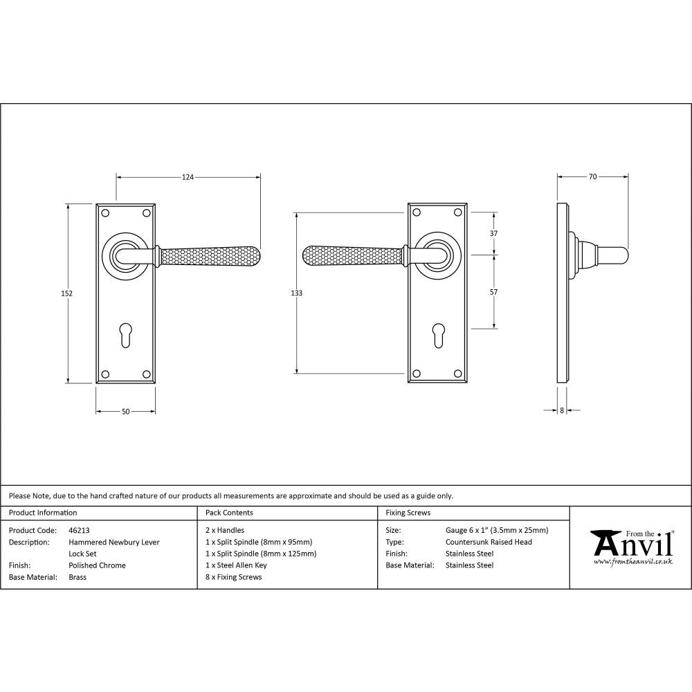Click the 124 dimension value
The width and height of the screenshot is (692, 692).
coord(188,177)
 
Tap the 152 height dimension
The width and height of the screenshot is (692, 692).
coord(67,293)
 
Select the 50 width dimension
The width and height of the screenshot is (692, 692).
coord(125,412)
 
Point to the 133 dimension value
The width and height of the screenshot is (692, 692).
coord(296,293)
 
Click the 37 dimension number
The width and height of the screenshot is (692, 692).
coord(493,234)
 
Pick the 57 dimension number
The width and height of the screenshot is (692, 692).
coord(493,292)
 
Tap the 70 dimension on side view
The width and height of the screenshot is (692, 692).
coord(592,177)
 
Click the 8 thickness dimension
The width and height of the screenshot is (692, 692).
coord(561,410)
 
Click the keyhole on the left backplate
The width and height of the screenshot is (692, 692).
coord(125,334)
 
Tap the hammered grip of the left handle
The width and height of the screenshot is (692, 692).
coord(211,255)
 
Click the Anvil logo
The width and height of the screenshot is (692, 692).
coord(631,547)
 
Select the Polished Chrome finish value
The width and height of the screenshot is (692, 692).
coord(97,565)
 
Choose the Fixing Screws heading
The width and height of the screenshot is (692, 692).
coord(408,513)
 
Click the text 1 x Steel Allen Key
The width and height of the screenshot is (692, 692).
coord(236,565)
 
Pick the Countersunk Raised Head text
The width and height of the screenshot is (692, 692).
coord(489,543)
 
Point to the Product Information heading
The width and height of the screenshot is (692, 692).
coord(43,513)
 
